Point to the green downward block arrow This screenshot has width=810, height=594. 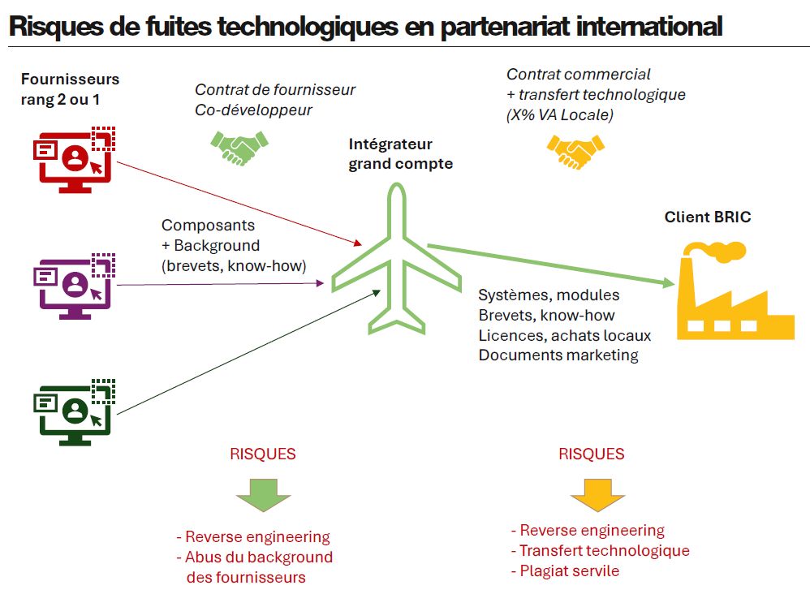coord(263,496)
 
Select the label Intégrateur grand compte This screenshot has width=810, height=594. coord(400,154)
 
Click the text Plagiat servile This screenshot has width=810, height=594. coord(565,571)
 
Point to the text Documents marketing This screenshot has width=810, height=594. coord(558,355)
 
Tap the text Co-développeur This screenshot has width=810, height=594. coord(253,110)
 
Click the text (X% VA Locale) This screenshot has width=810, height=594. coord(559,115)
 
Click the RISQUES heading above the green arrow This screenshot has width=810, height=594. coord(263,454)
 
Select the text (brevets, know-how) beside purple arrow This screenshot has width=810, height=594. coord(234,265)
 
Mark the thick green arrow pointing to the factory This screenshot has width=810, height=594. coord(552,264)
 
